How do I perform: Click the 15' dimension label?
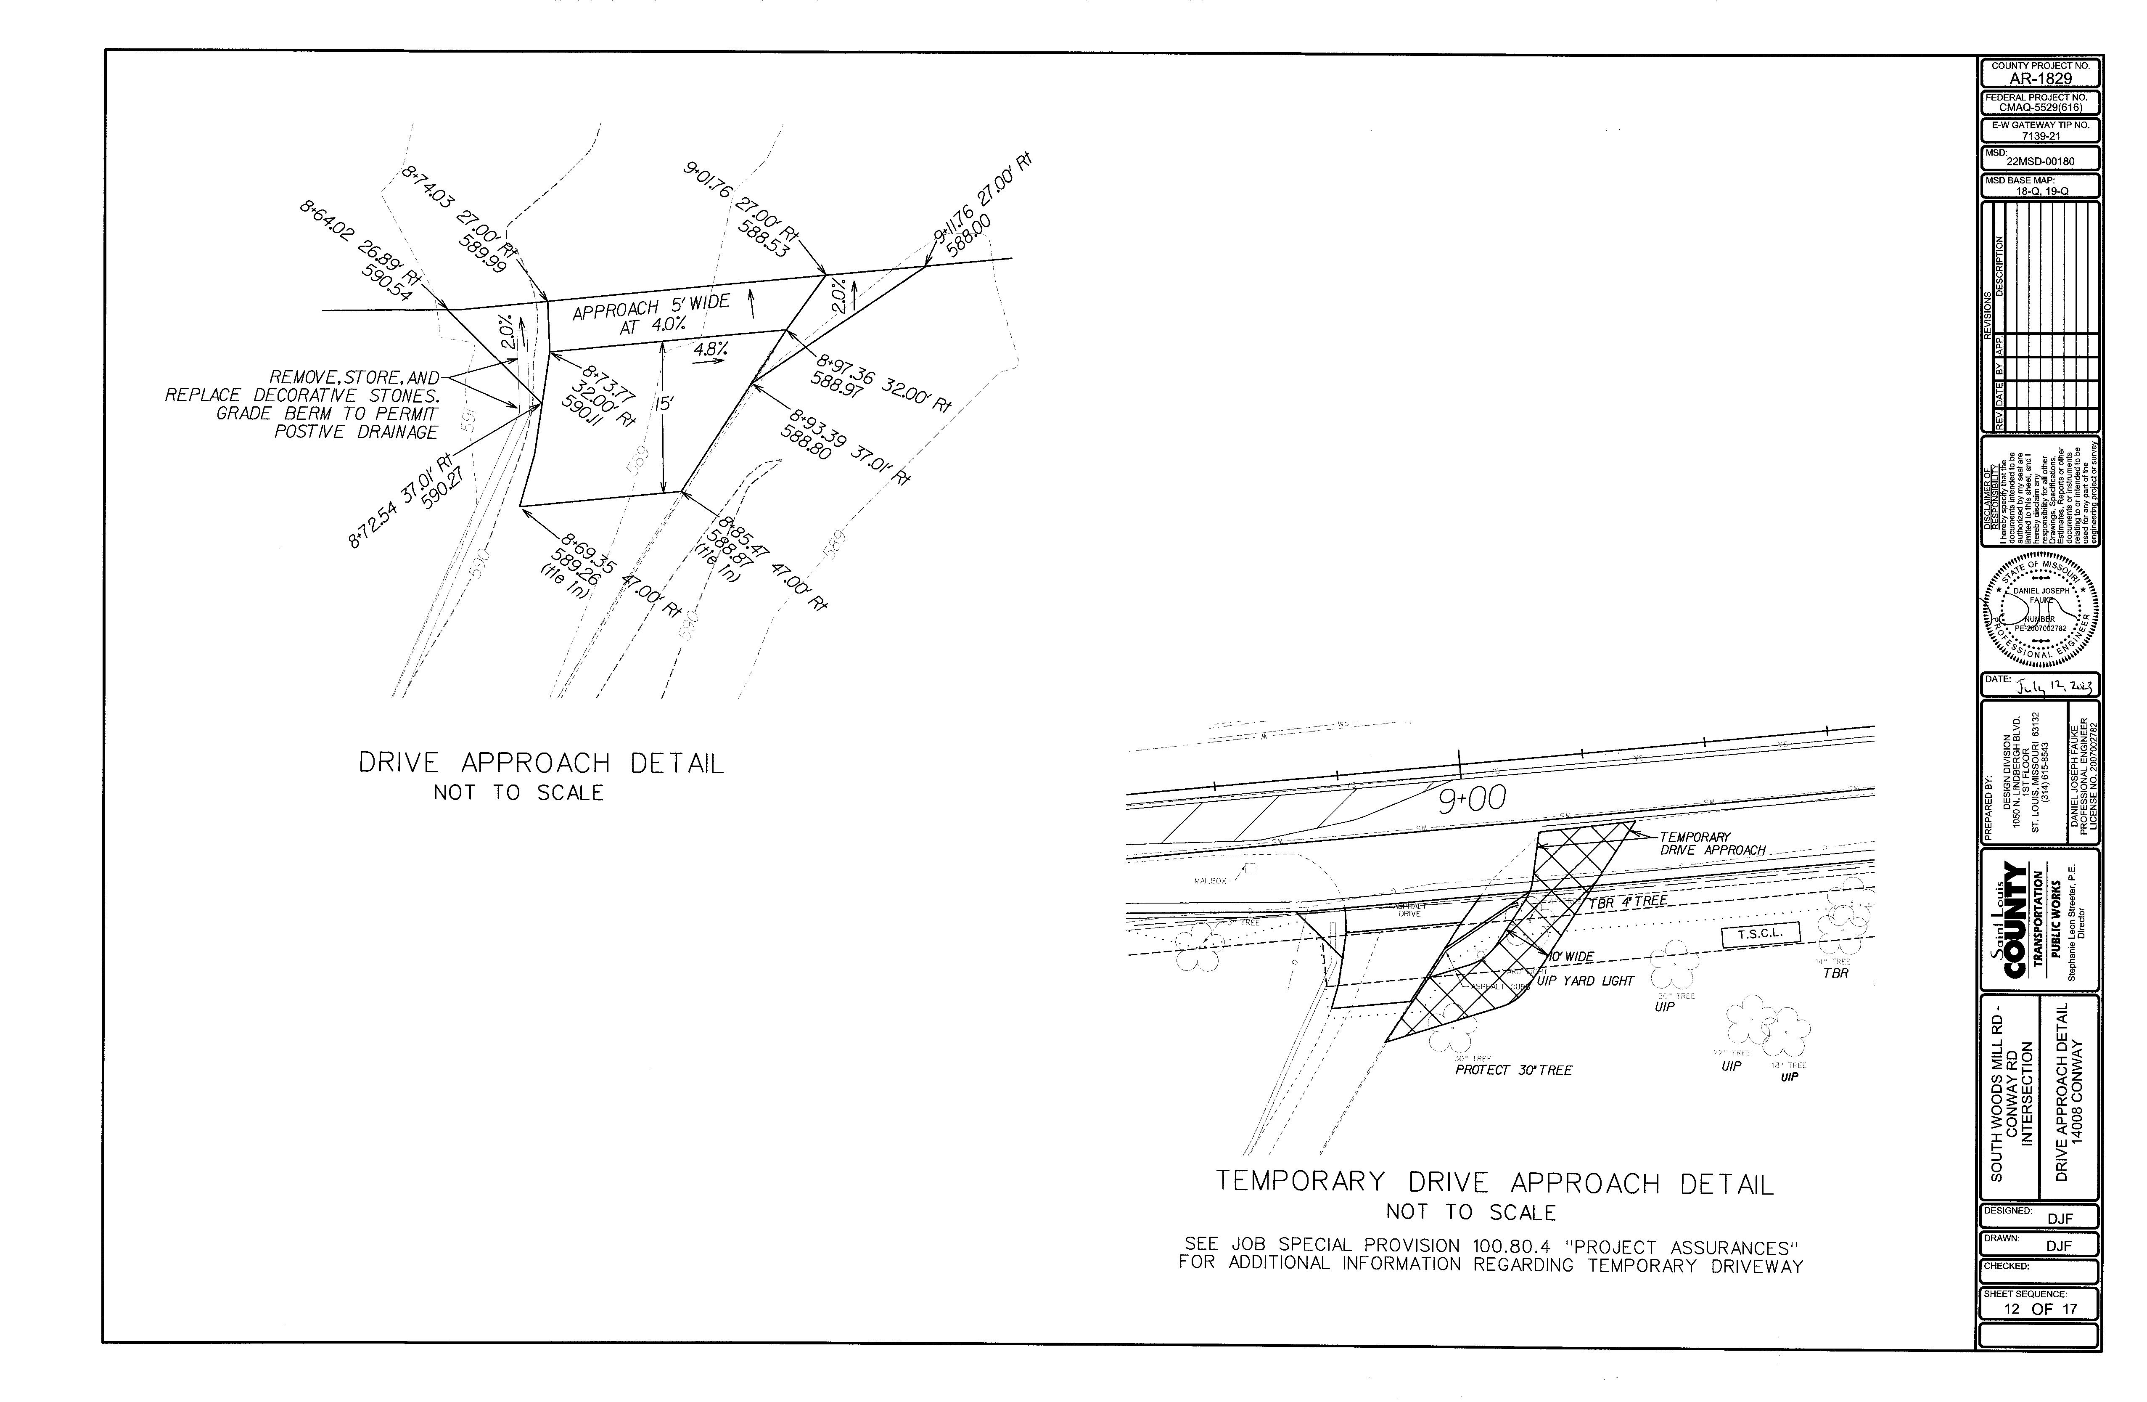[x=663, y=403]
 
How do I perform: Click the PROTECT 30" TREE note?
[x=1513, y=1070]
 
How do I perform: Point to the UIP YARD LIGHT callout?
[x=1585, y=981]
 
